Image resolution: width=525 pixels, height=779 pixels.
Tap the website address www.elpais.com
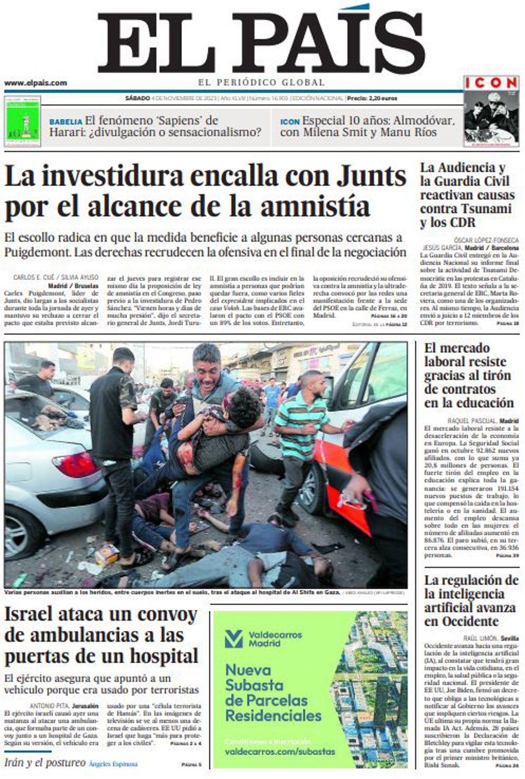[35, 83]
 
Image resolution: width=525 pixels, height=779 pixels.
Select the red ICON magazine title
[491, 82]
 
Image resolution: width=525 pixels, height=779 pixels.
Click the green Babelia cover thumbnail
[23, 122]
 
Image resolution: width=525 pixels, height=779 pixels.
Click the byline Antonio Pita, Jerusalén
[64, 706]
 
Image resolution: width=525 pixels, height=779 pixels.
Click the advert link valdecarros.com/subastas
[280, 752]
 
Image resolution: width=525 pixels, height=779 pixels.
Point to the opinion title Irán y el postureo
[45, 763]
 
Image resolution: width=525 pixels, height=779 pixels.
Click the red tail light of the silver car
[75, 464]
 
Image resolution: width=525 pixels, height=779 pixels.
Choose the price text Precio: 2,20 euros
[372, 98]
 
